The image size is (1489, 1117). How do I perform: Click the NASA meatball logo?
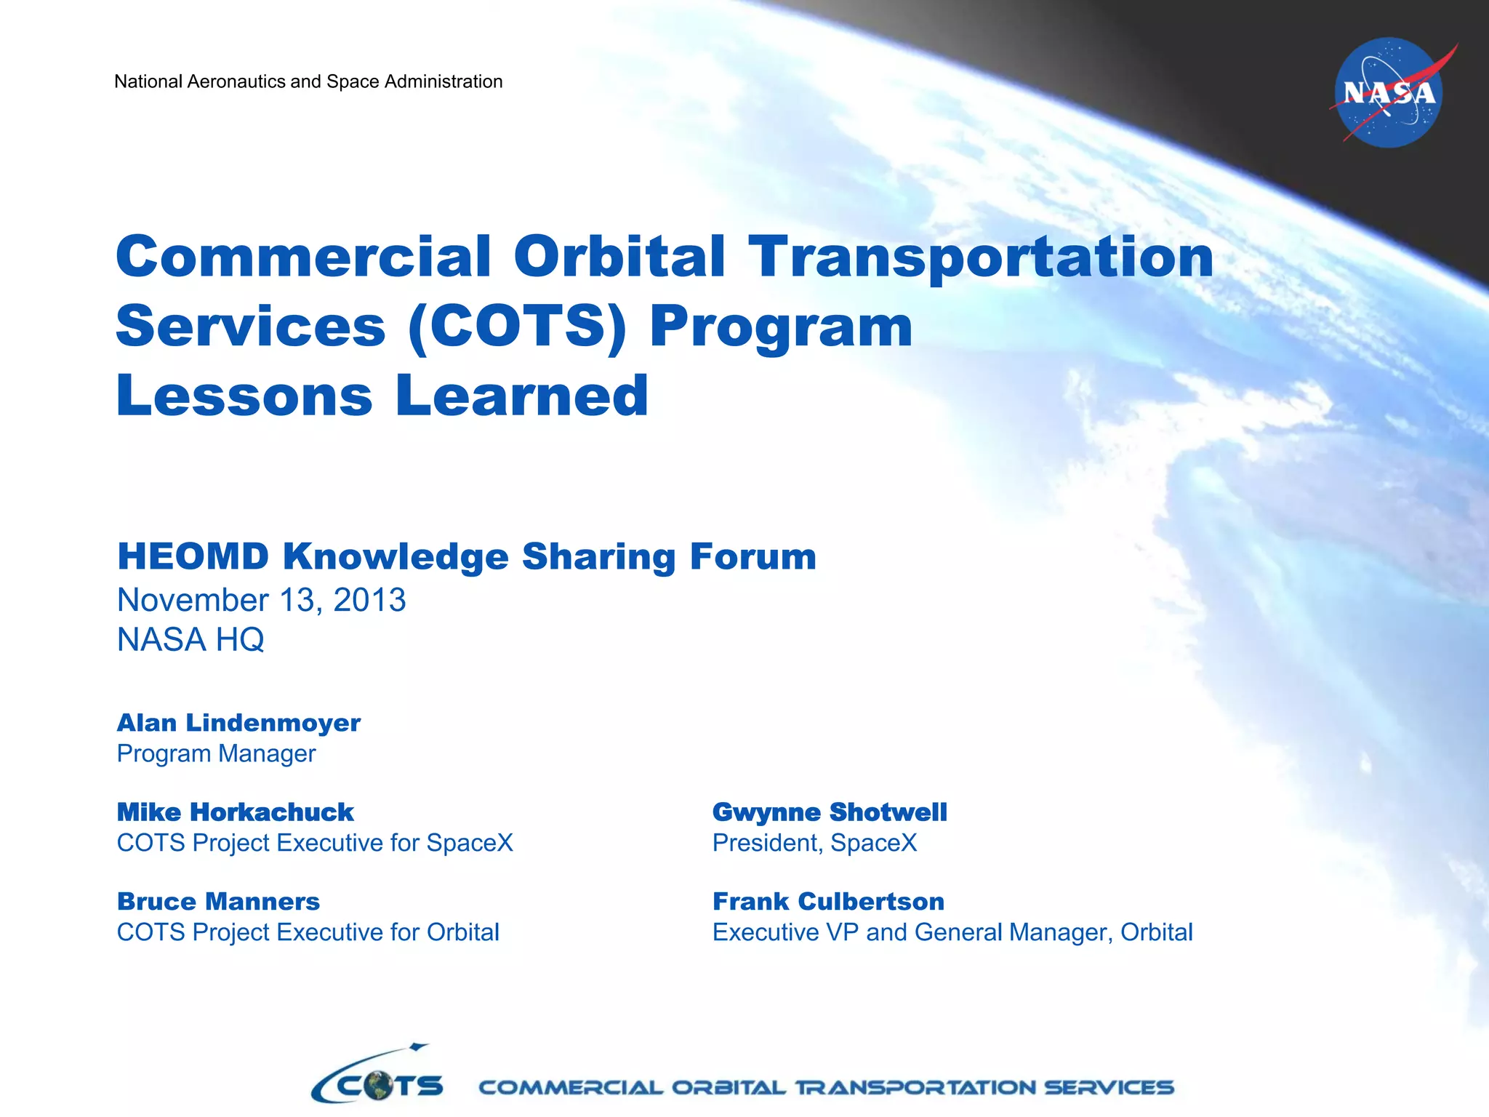tap(1389, 93)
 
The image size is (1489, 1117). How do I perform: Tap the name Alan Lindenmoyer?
tap(238, 723)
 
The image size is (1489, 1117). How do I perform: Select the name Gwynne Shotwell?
tap(830, 812)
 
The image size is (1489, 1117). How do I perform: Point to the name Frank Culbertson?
tap(828, 902)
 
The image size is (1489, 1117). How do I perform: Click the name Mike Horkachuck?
tap(235, 812)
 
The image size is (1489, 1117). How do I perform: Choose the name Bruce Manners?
tap(218, 902)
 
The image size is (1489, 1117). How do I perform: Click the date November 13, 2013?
tap(261, 601)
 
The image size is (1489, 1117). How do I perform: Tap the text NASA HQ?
tap(190, 641)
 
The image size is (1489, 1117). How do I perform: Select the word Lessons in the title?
tap(244, 396)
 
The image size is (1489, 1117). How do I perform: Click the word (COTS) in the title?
tap(517, 327)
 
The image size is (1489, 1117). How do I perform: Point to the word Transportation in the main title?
tap(981, 258)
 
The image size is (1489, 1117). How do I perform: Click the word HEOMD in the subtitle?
tap(193, 557)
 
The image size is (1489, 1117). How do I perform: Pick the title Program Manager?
tap(216, 754)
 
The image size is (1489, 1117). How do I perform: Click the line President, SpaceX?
tap(814, 844)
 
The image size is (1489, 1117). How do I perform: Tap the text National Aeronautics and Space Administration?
tap(308, 81)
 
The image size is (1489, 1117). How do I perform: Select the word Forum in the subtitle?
tap(752, 557)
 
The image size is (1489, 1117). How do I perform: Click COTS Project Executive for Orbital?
tap(308, 933)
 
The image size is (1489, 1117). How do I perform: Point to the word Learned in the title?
tap(521, 396)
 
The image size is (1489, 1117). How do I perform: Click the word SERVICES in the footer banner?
tap(1109, 1088)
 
